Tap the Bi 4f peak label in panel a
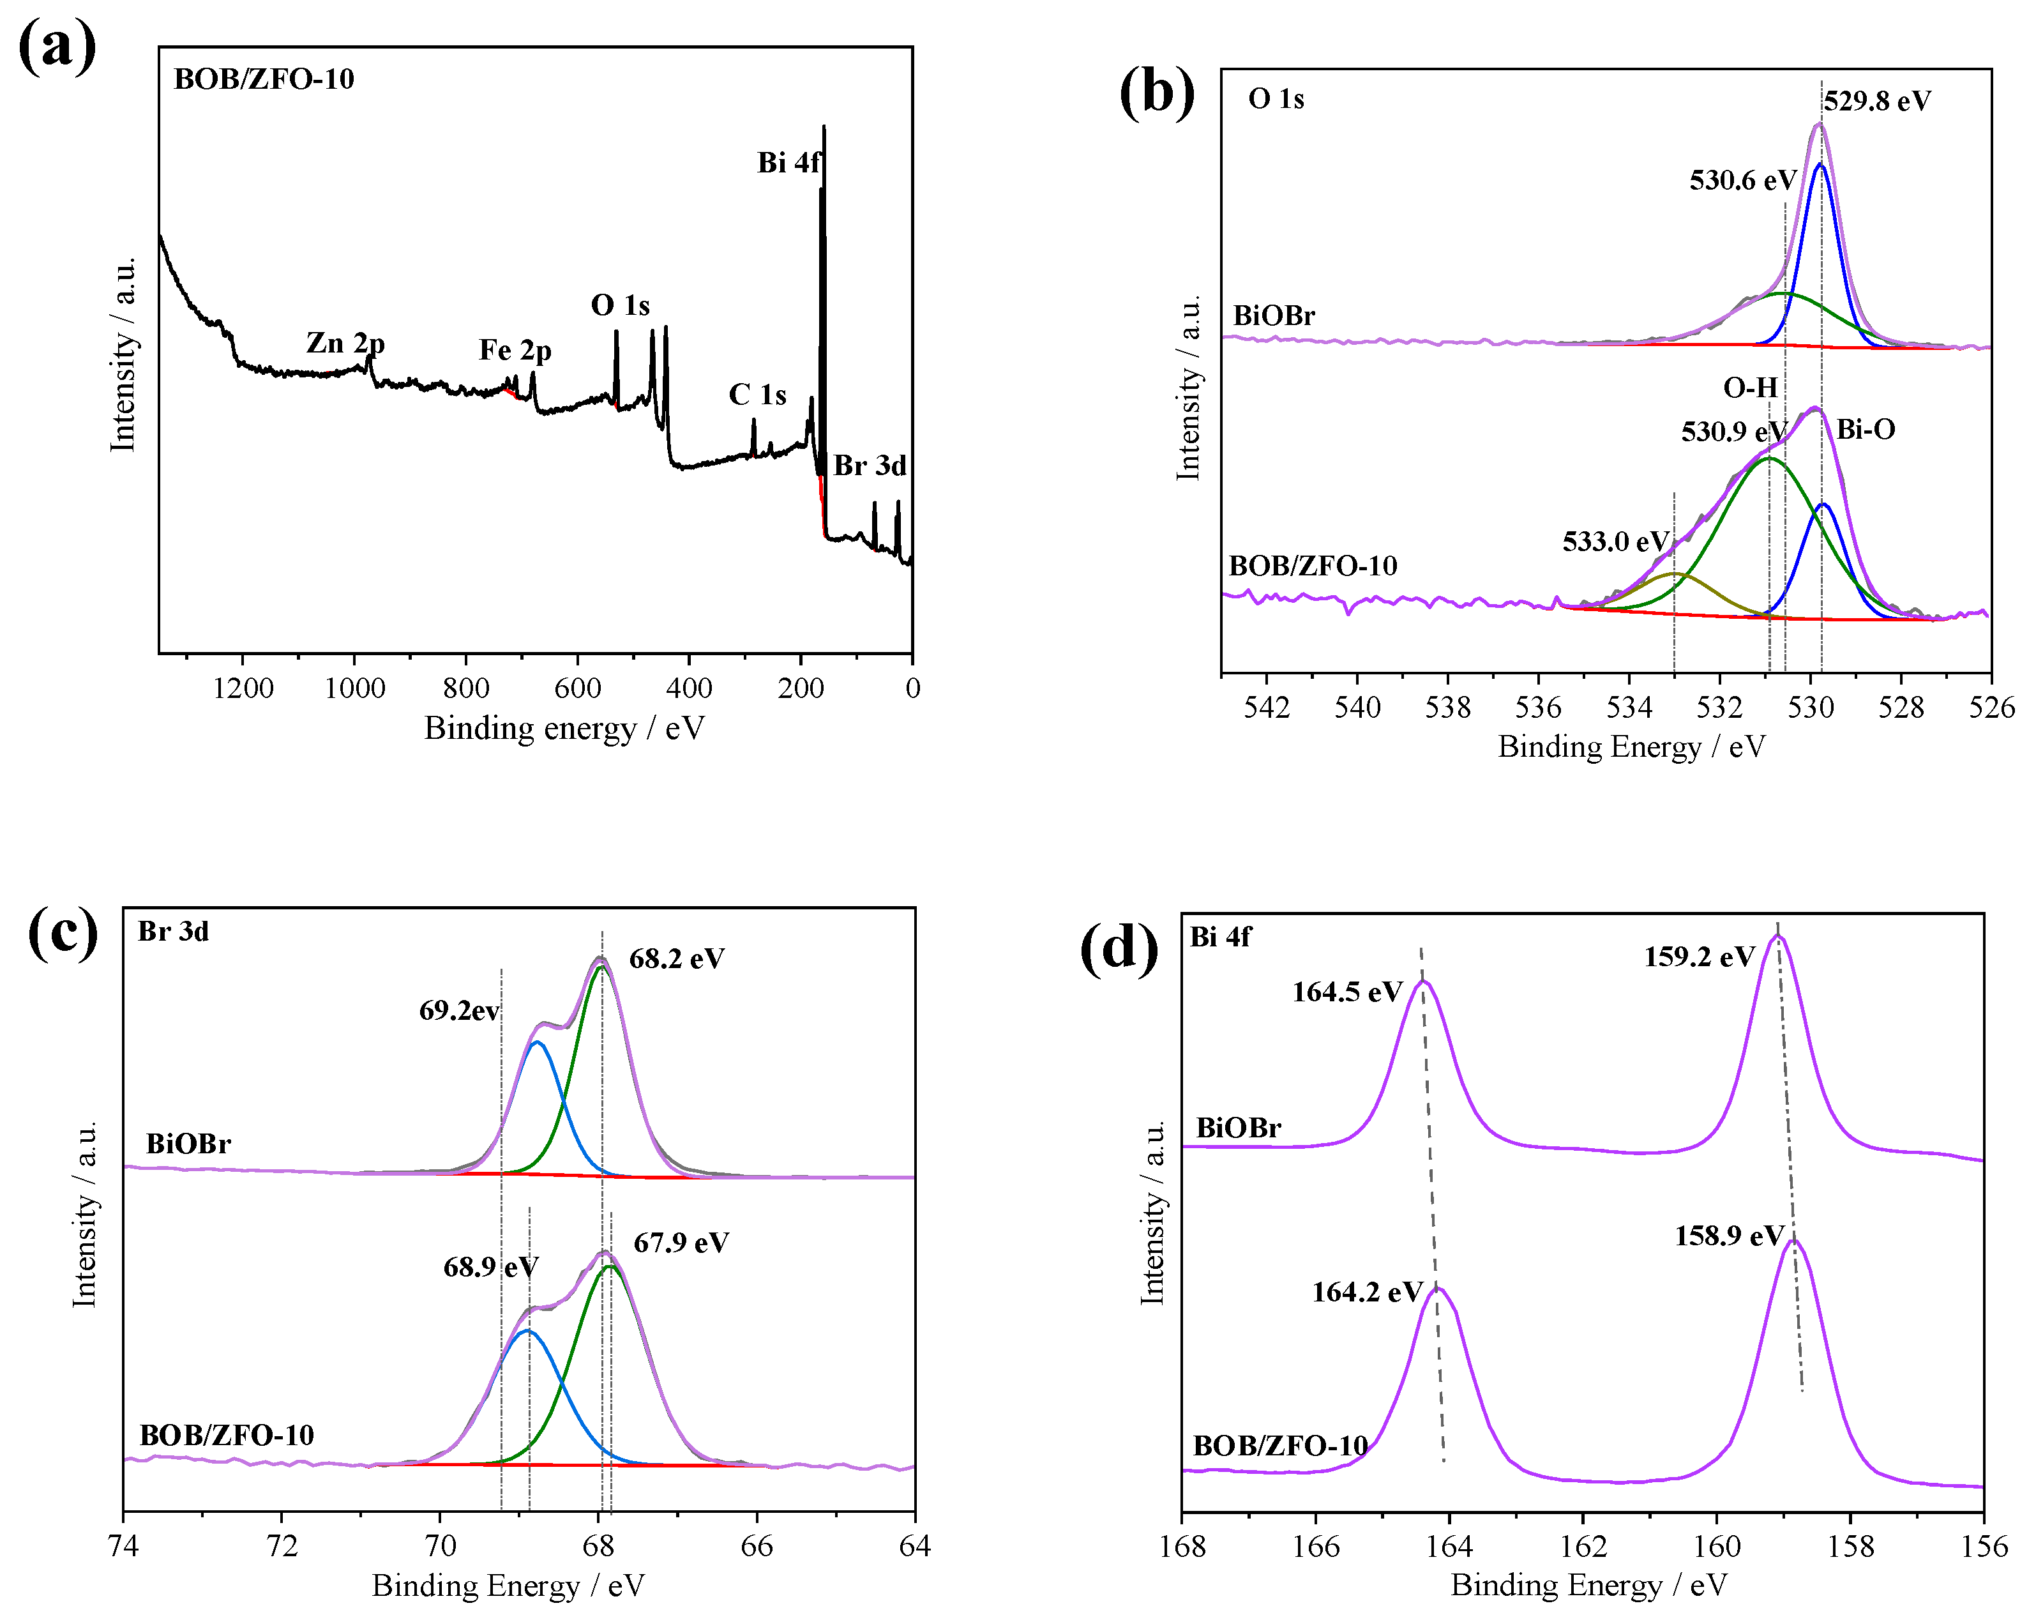click(x=788, y=162)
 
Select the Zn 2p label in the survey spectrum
click(x=345, y=343)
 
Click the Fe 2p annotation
click(x=515, y=351)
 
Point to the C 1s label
click(x=757, y=395)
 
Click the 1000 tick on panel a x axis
click(x=354, y=688)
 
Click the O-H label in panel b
click(x=1750, y=387)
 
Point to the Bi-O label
click(x=1865, y=430)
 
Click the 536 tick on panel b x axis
click(x=1538, y=708)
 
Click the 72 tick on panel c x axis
click(x=282, y=1546)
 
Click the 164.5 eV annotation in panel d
click(x=1346, y=992)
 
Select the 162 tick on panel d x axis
click(x=1583, y=1546)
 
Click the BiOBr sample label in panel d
click(x=1238, y=1128)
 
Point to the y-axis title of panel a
click(x=123, y=354)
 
